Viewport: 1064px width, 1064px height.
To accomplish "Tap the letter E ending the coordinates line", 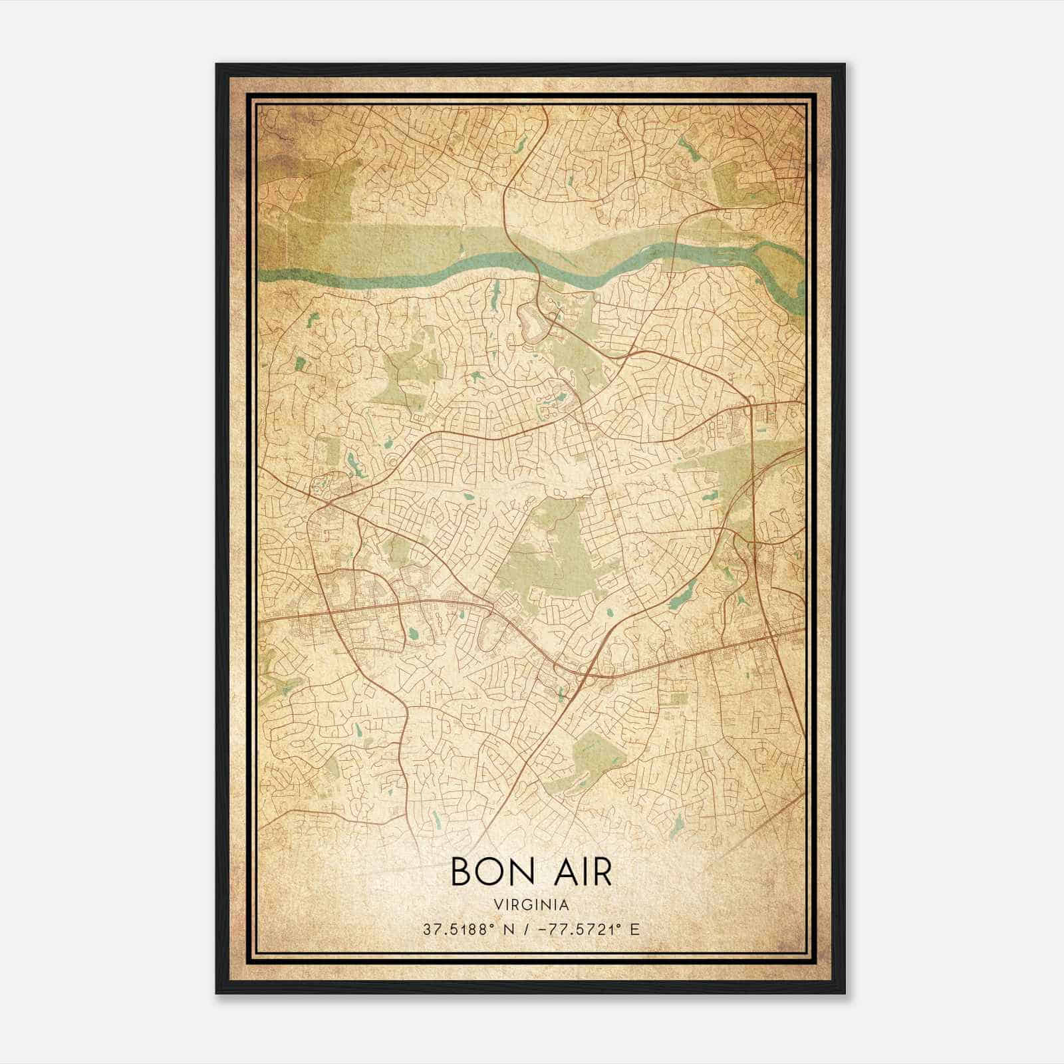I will [634, 929].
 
